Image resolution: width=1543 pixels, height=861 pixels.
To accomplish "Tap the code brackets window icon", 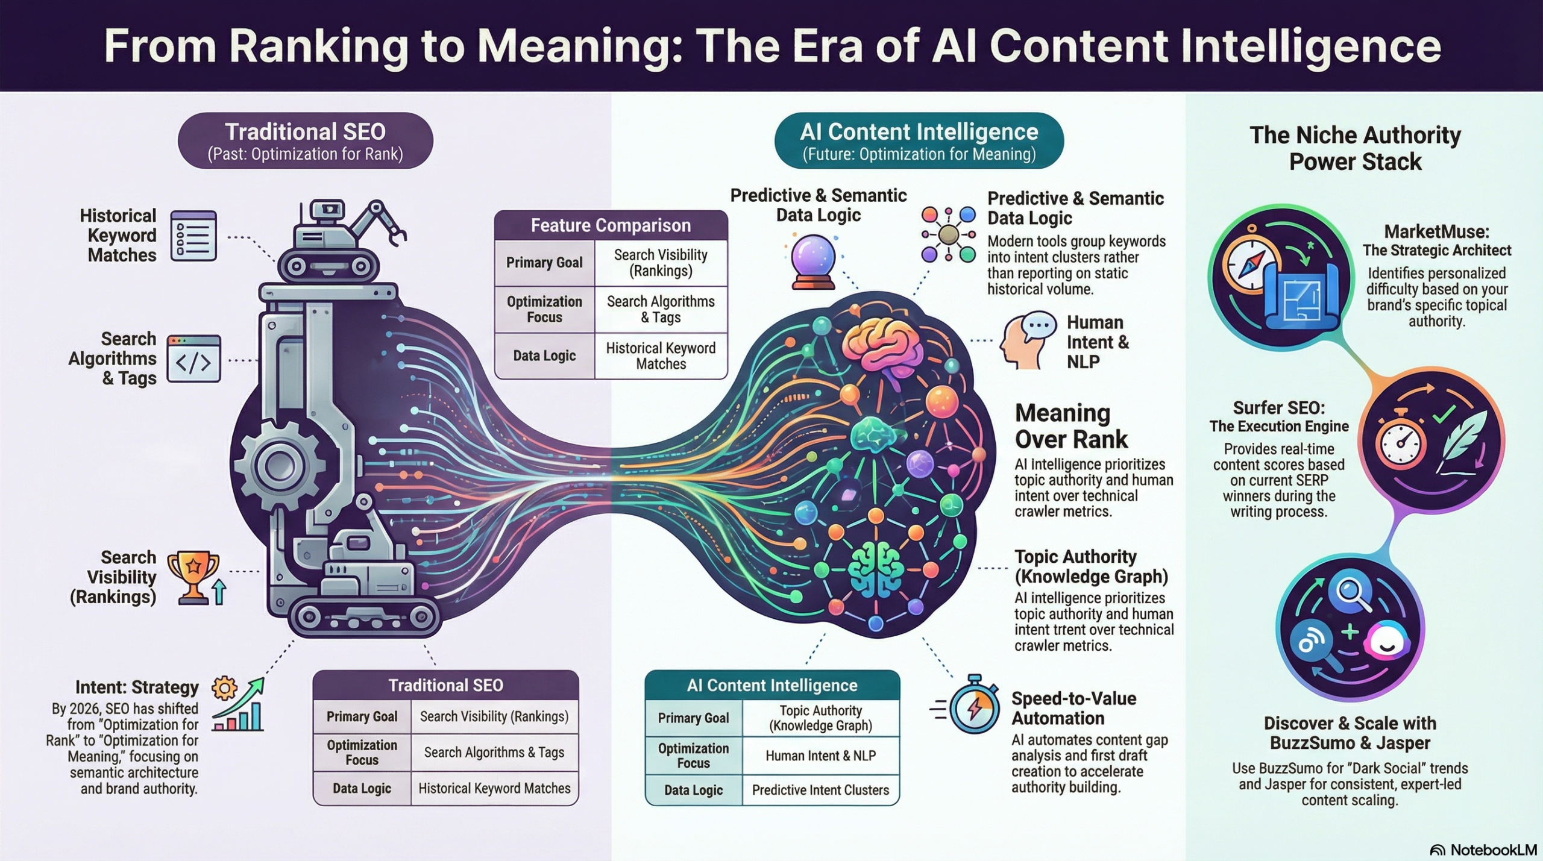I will (x=193, y=359).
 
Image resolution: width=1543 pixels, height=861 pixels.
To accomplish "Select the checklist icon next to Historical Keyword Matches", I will (x=193, y=236).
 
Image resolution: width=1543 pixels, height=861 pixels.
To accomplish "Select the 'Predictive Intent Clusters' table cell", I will (x=820, y=790).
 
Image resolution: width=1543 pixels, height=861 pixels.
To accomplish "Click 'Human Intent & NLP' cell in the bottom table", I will (x=820, y=756).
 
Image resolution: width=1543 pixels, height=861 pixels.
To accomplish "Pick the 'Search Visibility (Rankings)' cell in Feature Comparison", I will (x=661, y=263).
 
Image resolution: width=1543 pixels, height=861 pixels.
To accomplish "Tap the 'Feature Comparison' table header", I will (x=611, y=225).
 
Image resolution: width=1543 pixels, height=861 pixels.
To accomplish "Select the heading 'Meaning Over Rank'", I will (x=1070, y=426).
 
